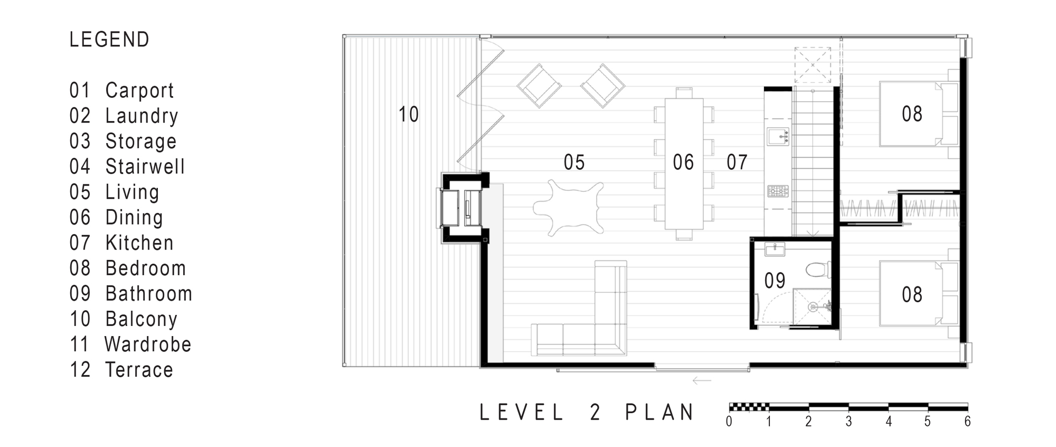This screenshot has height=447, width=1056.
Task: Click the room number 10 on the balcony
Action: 408,115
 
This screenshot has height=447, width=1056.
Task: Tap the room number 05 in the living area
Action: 574,162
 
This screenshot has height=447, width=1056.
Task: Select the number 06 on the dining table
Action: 683,162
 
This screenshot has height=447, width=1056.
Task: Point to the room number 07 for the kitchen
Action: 737,162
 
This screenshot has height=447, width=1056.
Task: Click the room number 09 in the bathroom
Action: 775,281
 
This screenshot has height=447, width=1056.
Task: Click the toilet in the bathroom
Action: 818,269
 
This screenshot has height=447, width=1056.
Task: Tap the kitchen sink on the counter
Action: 778,137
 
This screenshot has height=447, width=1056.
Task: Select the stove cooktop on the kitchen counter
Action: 778,191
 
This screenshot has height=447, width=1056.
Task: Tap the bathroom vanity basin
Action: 775,249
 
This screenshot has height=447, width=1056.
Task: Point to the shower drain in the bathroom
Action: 813,306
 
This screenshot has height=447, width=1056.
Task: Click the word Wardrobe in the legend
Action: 148,344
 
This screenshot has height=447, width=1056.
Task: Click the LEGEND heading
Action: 110,40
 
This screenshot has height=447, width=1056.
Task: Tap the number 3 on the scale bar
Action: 848,422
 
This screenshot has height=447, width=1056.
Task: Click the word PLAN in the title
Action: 659,413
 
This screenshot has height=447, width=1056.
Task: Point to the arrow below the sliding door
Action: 702,380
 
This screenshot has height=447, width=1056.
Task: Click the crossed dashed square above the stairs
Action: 813,65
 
